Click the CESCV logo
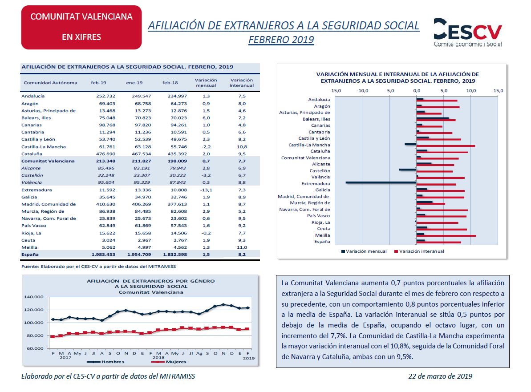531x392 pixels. click(468, 32)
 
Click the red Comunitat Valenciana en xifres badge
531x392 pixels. click(81, 27)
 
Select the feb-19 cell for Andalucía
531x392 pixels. click(105, 96)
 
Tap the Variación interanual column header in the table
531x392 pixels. click(241, 83)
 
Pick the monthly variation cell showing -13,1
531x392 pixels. click(206, 190)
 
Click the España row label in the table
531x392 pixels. click(30, 254)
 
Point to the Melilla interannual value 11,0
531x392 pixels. click(242, 247)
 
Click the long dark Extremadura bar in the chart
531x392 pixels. click(381, 183)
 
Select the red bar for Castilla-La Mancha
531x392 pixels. click(446, 146)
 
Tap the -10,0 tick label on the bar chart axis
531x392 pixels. click(362, 91)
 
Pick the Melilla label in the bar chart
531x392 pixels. click(322, 235)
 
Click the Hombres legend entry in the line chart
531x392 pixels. click(105, 362)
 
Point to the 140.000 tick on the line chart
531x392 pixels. click(33, 297)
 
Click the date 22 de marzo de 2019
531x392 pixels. click(440, 376)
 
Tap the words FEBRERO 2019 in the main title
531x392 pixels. click(281, 40)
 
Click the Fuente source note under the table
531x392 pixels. click(98, 267)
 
